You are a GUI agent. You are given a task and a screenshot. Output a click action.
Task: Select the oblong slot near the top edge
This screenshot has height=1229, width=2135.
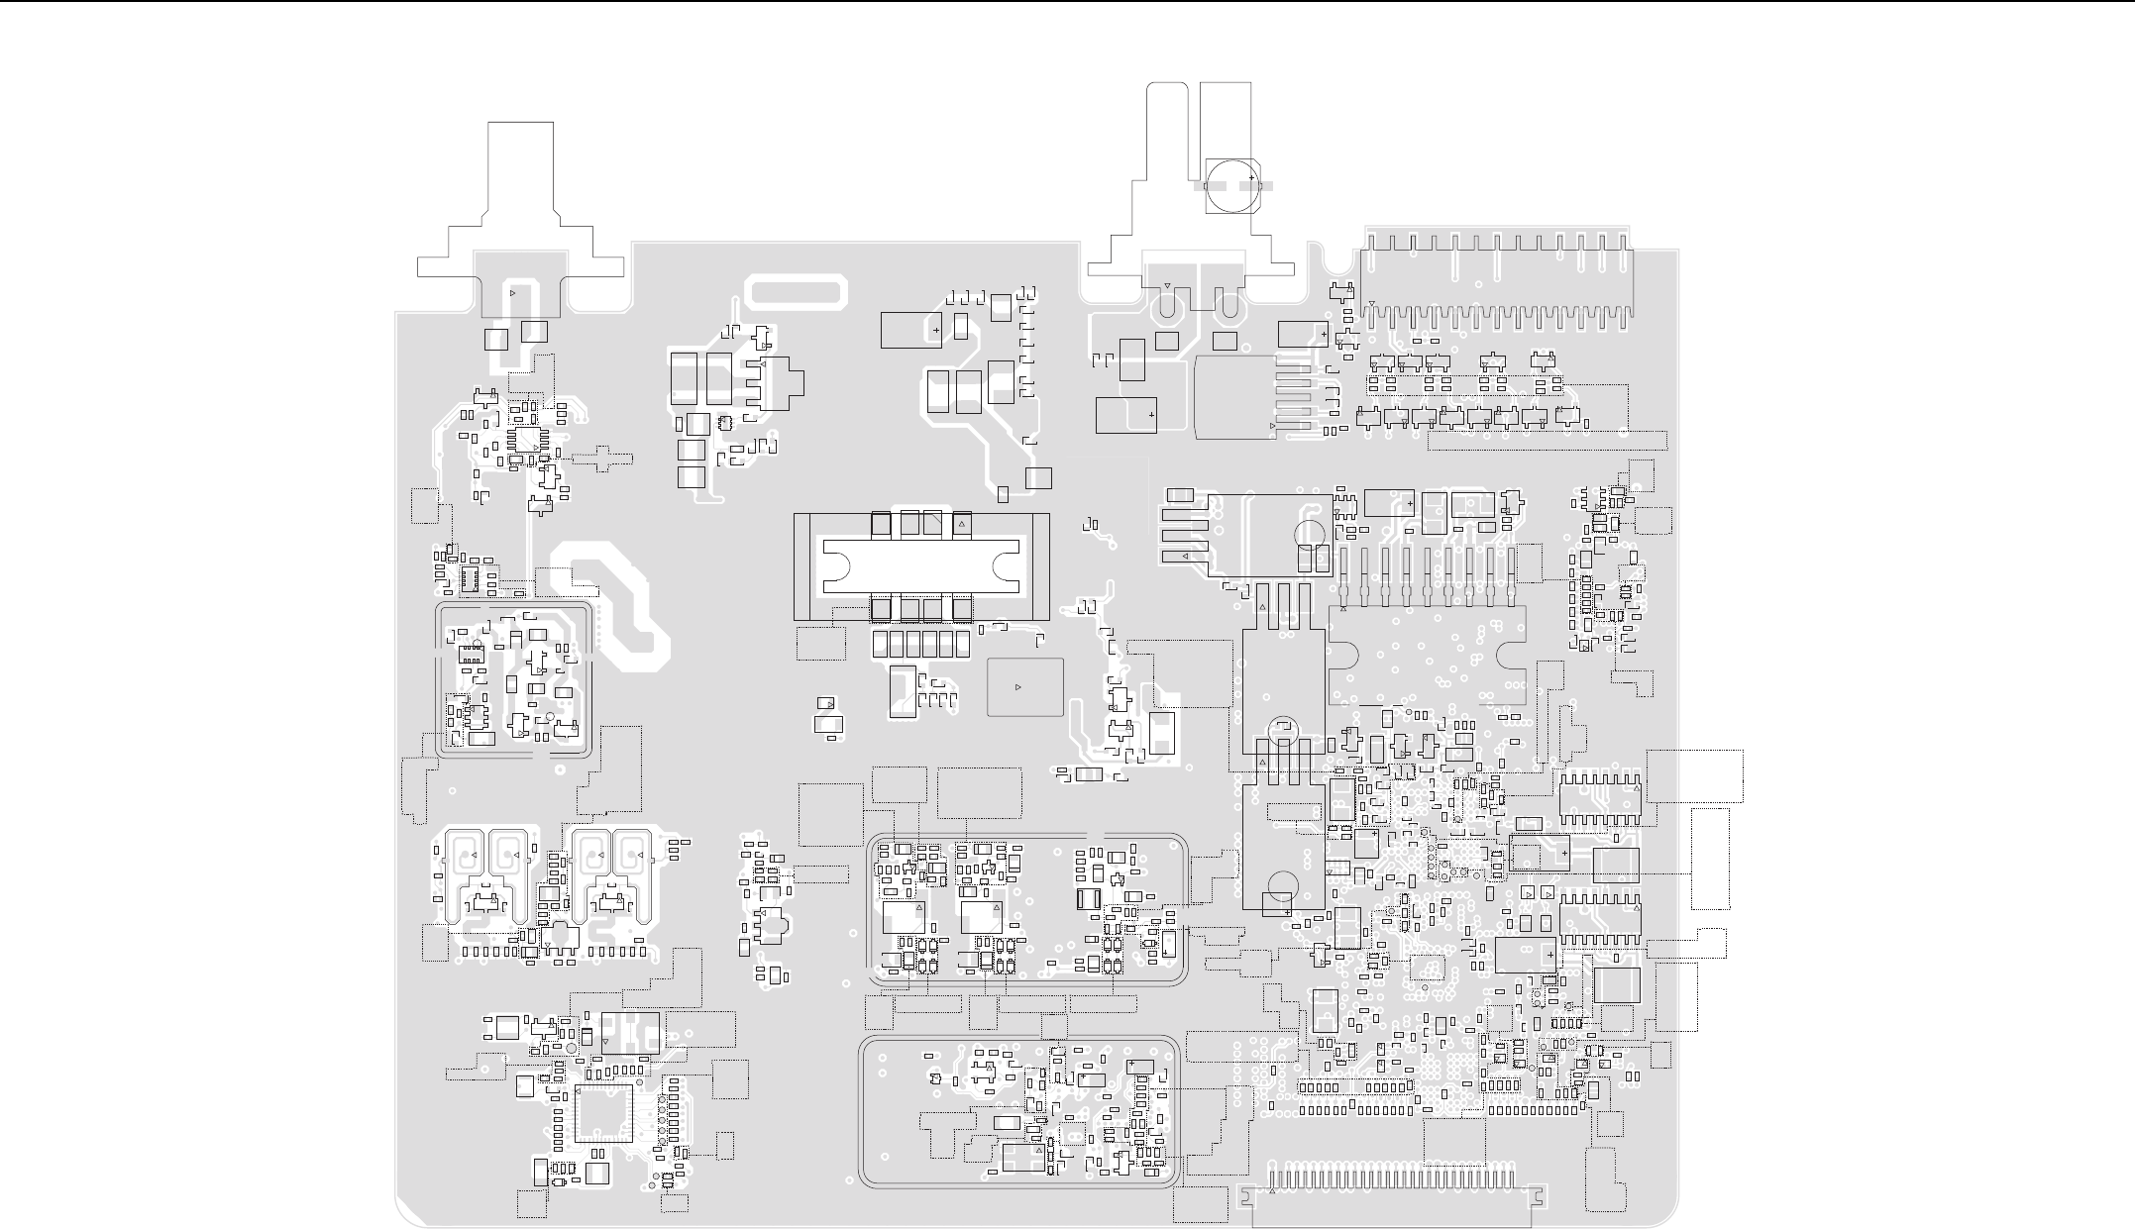pos(799,292)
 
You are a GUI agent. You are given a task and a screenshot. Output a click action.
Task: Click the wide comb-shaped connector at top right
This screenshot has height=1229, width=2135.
pos(1497,277)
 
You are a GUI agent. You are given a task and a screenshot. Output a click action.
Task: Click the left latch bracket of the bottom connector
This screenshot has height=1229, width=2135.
pos(1246,1197)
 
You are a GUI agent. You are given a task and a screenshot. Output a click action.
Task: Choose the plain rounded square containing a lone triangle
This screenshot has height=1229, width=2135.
pos(1025,686)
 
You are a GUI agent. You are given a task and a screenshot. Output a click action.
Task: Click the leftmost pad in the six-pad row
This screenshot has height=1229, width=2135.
pos(880,645)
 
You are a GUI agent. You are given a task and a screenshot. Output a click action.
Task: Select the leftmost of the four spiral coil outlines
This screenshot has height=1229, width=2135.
pos(466,855)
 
